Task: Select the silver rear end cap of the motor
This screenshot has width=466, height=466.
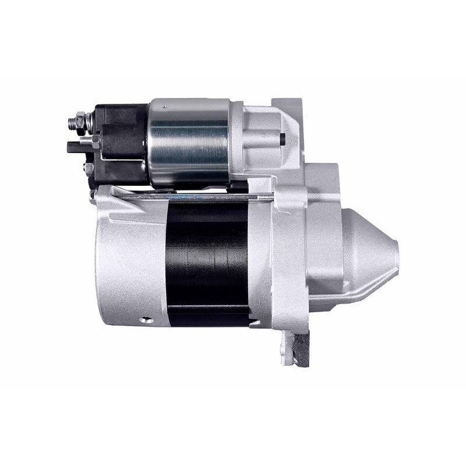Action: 131,256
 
